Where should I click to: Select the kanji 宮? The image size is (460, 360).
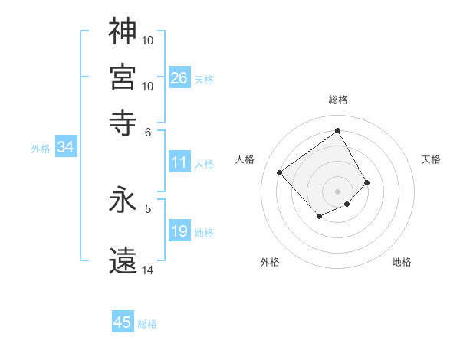click(x=123, y=77)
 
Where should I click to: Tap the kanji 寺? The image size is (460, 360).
click(x=123, y=122)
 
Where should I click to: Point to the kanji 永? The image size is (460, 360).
click(x=123, y=201)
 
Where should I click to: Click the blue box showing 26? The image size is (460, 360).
click(x=179, y=78)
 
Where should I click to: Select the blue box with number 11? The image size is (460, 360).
click(x=179, y=162)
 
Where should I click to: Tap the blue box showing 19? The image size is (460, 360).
click(x=179, y=231)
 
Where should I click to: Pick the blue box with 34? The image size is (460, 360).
click(x=65, y=148)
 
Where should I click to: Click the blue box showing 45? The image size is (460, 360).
click(x=122, y=322)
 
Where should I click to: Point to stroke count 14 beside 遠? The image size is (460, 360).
click(x=148, y=270)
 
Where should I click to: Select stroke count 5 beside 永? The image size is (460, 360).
click(x=148, y=208)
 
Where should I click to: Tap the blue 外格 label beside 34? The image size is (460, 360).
click(x=41, y=149)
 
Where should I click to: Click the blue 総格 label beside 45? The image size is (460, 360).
click(x=147, y=323)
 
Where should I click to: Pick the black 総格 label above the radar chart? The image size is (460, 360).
click(x=337, y=100)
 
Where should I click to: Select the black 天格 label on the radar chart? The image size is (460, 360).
click(x=431, y=159)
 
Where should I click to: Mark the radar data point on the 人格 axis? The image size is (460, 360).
click(x=280, y=173)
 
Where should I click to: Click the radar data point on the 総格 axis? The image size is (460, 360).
click(x=337, y=129)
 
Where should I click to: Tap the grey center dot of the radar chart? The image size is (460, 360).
click(x=337, y=191)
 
